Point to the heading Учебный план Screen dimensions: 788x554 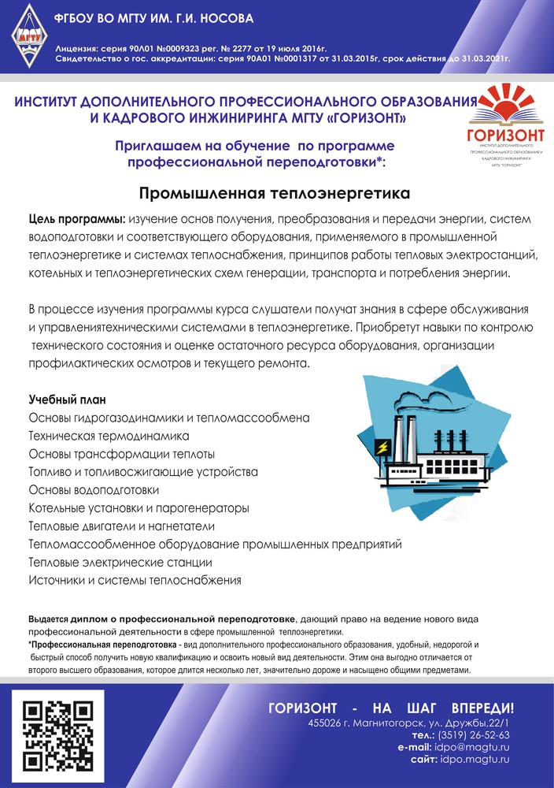pos(67,400)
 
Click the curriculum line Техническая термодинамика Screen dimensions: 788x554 pos(109,436)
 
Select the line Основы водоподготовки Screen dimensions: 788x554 pos(94,489)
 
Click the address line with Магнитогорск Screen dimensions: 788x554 pos(409,723)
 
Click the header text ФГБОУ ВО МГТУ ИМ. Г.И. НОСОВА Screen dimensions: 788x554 pos(153,18)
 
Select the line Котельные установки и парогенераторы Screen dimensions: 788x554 pos(138,508)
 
